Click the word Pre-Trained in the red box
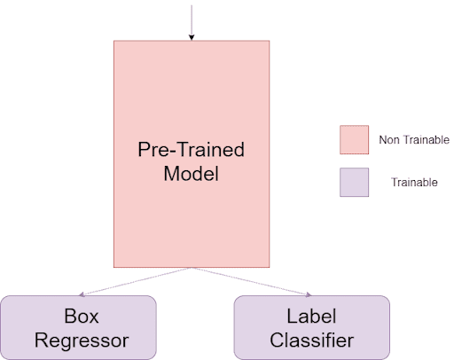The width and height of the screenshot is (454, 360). click(192, 150)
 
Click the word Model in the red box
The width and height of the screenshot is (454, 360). click(192, 174)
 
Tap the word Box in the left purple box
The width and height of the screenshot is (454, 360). click(82, 316)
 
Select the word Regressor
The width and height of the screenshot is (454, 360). click(82, 340)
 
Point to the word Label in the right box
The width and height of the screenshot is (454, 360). click(311, 316)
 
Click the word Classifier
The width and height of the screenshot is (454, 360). click(311, 340)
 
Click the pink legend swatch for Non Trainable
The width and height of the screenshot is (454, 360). click(354, 140)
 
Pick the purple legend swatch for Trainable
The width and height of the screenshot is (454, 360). click(354, 183)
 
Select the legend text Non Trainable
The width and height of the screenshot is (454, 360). click(414, 140)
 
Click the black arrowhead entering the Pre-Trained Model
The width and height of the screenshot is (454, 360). click(192, 37)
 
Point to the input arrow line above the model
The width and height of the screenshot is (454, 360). click(192, 20)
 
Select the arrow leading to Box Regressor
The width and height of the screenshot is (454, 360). click(136, 281)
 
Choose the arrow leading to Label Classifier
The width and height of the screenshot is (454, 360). click(251, 281)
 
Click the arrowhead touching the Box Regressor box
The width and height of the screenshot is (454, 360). click(82, 294)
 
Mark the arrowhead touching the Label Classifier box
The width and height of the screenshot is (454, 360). click(309, 294)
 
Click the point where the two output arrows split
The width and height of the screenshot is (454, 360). click(192, 268)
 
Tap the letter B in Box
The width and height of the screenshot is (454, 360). click(70, 316)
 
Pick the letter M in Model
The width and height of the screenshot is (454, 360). click(171, 174)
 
